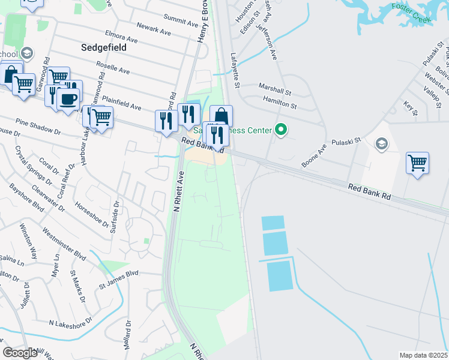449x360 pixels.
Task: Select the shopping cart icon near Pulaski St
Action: click(x=417, y=163)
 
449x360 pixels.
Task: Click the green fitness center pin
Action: click(x=280, y=129)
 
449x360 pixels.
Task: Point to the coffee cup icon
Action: click(x=68, y=98)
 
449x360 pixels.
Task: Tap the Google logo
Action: click(x=20, y=352)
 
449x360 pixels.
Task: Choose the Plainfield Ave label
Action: click(x=121, y=102)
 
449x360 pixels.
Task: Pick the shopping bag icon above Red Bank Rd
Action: click(x=221, y=116)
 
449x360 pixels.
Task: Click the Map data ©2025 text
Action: click(x=423, y=355)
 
